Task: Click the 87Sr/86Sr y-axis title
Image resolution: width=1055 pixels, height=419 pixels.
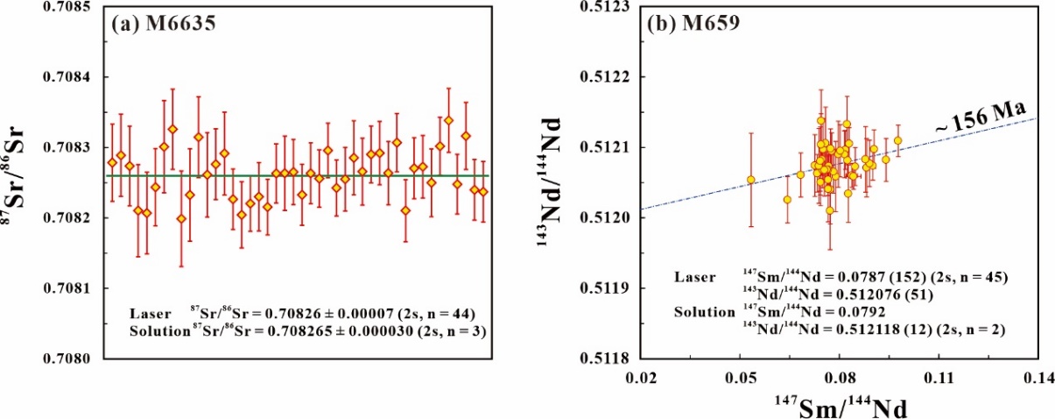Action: click(16, 181)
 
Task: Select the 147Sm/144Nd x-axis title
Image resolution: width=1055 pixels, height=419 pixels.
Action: click(840, 407)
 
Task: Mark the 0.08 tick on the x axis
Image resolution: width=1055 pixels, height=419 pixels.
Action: click(840, 378)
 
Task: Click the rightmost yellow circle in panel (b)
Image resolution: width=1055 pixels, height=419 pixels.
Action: click(898, 140)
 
